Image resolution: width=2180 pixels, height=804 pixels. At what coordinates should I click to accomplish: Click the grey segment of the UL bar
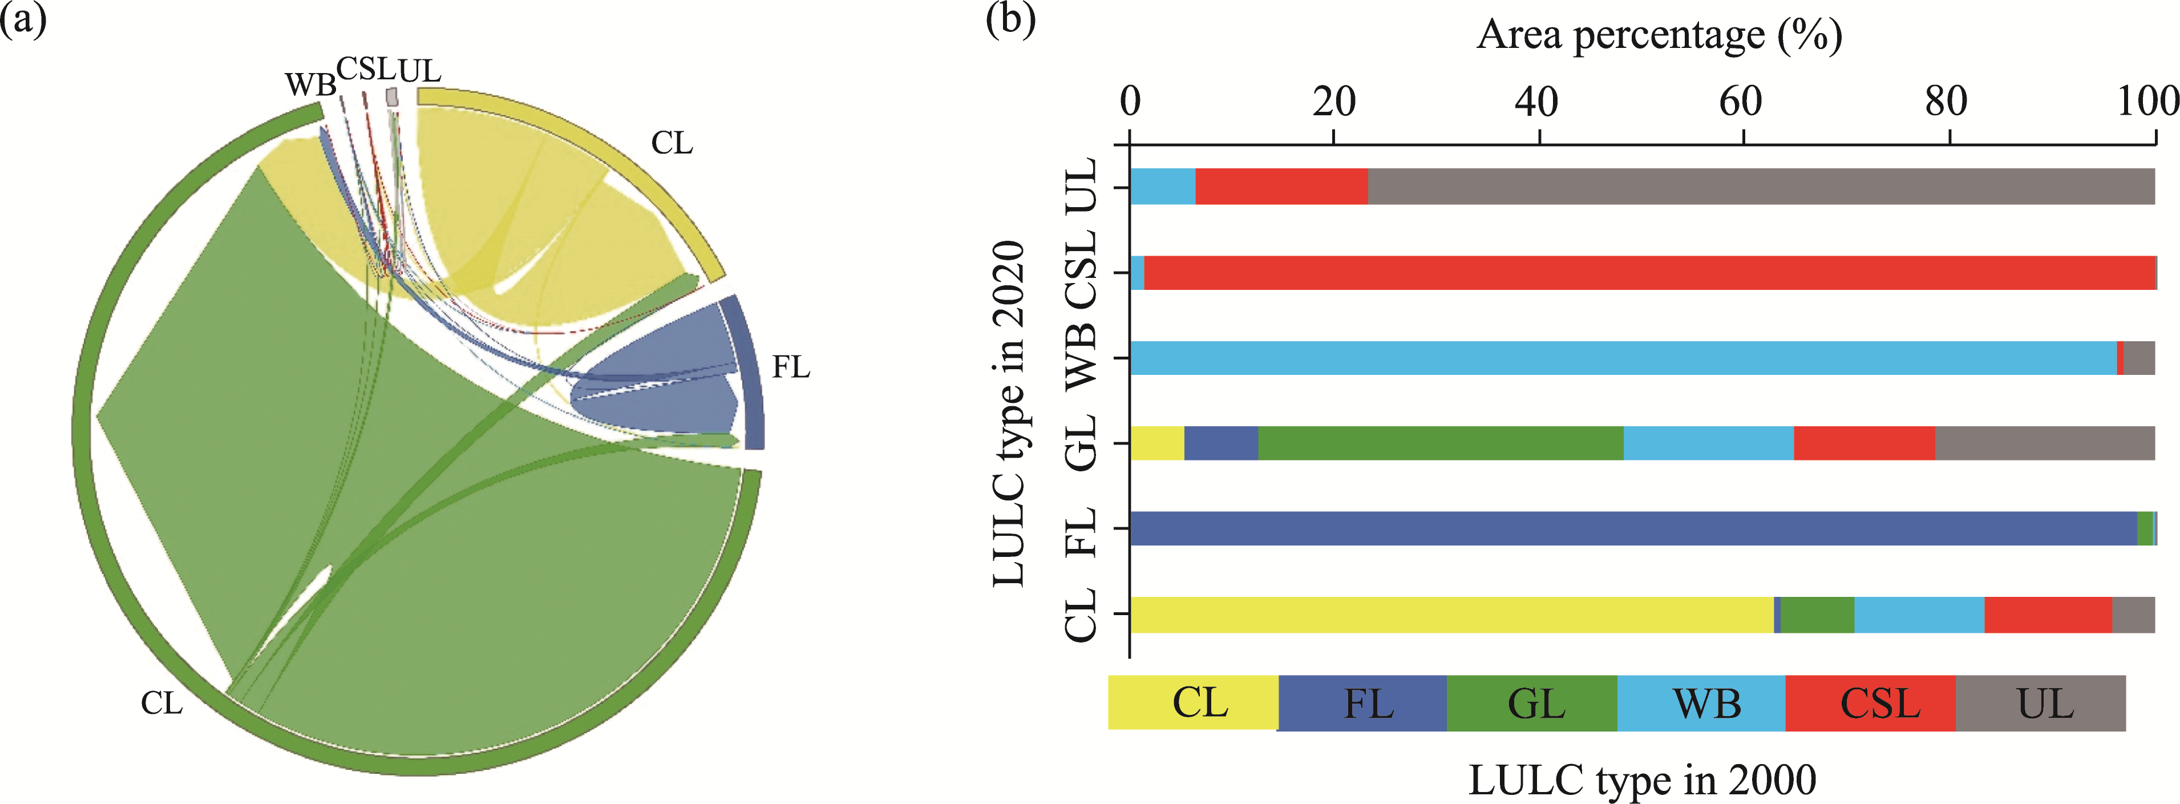point(1760,186)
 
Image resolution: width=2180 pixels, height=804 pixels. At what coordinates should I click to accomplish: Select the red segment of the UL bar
point(1281,186)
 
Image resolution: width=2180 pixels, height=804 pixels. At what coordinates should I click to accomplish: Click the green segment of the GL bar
point(1441,443)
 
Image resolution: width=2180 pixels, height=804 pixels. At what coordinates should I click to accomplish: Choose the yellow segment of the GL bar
point(1157,443)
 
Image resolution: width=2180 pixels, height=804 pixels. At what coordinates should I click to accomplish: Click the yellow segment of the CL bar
point(1451,615)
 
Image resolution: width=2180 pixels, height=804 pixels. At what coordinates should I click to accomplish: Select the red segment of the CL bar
point(2048,615)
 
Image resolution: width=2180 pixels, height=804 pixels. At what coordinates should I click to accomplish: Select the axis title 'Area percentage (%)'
point(1659,35)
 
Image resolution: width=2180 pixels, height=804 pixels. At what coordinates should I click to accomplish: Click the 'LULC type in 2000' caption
point(1642,779)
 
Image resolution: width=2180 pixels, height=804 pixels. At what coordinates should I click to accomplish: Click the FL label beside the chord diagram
point(790,367)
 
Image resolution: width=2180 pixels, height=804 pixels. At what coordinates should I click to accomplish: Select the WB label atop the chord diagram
point(310,84)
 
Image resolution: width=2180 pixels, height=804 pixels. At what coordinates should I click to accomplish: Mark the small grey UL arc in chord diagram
point(392,98)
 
